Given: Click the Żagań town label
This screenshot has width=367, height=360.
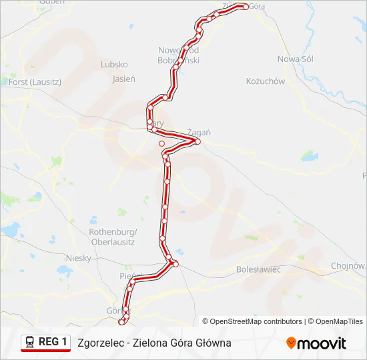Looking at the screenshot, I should [199, 132].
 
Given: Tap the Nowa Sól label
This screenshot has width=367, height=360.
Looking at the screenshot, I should [296, 59].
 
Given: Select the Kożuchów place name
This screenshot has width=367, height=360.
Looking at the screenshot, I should [266, 81].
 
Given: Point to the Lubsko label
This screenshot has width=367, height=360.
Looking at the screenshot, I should [113, 65].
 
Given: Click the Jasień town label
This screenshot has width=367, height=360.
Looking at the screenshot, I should [124, 79].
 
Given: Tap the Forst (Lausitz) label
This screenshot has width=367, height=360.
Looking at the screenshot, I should [35, 82].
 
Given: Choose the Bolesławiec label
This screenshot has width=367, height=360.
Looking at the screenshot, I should [258, 269].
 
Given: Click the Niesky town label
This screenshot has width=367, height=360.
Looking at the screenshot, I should [78, 257].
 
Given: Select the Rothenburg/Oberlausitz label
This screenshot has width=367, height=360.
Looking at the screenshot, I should [112, 237].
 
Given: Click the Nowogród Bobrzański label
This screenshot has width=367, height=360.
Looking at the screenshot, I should [178, 55].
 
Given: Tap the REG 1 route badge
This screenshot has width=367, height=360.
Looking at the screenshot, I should [45, 342].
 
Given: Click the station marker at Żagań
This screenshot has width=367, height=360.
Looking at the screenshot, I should [198, 141].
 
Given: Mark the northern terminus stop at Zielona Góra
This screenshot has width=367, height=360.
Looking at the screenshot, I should [246, 7].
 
